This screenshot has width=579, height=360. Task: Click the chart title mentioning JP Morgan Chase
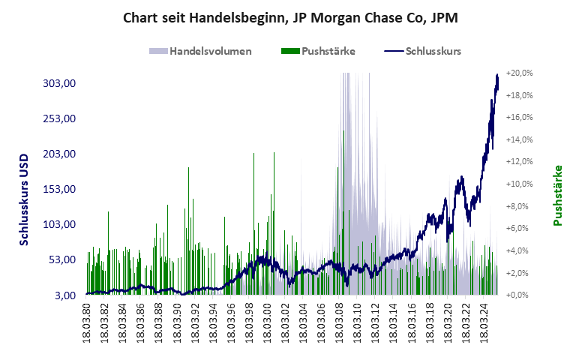(289, 17)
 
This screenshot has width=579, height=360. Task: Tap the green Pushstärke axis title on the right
(557, 195)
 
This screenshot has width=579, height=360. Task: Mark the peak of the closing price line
(497, 74)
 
